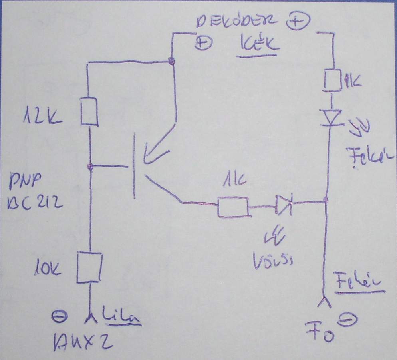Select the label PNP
point(24,185)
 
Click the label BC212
point(34,203)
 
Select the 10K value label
point(47,269)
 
